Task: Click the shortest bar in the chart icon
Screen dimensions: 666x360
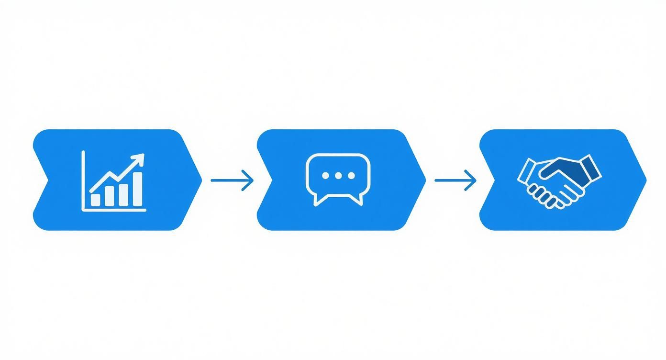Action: click(x=96, y=200)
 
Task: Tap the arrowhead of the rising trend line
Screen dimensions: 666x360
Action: click(x=140, y=158)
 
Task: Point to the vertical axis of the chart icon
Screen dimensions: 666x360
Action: click(x=83, y=180)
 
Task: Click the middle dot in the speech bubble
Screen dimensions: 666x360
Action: click(x=338, y=176)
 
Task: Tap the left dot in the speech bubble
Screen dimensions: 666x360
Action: click(x=326, y=176)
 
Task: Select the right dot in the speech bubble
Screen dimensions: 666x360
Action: click(x=351, y=176)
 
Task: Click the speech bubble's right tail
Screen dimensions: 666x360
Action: click(x=358, y=200)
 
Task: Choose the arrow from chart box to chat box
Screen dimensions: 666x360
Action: click(x=232, y=180)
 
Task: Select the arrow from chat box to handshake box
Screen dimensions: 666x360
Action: click(x=455, y=180)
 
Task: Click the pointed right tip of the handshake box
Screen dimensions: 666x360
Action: click(x=645, y=180)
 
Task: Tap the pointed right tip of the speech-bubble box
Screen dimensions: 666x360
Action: click(x=424, y=180)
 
